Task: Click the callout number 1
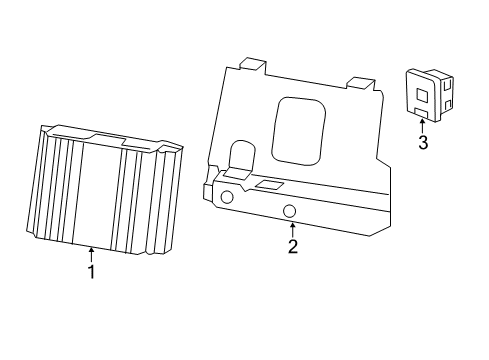coord(91,271)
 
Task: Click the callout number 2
coord(292,246)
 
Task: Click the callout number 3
coord(423,143)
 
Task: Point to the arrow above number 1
coord(91,254)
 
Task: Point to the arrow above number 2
coord(292,229)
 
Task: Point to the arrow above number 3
coord(423,125)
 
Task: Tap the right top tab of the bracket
coord(360,83)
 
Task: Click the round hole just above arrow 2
coord(289,211)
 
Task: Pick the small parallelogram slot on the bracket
coord(268,185)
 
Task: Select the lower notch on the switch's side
coord(446,102)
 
